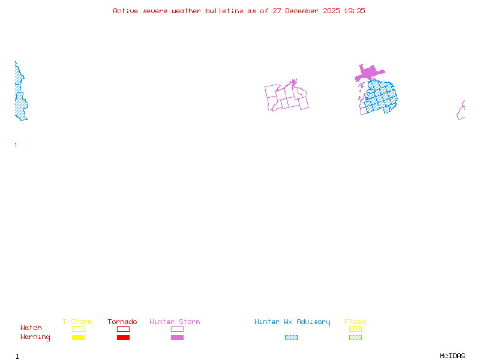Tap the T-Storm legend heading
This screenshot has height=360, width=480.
[77, 322]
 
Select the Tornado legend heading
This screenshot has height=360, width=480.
[122, 322]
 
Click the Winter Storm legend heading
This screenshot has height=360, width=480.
[175, 322]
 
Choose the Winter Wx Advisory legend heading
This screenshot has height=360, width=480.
[292, 322]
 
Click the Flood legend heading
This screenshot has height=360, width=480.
[355, 322]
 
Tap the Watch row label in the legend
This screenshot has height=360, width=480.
[31, 328]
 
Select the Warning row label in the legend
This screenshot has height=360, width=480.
[35, 337]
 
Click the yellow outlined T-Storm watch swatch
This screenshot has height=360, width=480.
[78, 329]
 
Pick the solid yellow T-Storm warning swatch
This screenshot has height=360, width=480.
[78, 338]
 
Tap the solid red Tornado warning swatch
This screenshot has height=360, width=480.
[123, 338]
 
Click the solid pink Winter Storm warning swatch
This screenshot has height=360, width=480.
[177, 338]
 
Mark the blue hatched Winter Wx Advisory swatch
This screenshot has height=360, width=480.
[291, 338]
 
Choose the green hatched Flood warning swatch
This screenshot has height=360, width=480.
[355, 338]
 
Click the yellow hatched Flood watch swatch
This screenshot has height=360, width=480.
[355, 329]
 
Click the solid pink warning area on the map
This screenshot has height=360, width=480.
[367, 74]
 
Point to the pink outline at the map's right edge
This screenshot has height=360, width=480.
[461, 112]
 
